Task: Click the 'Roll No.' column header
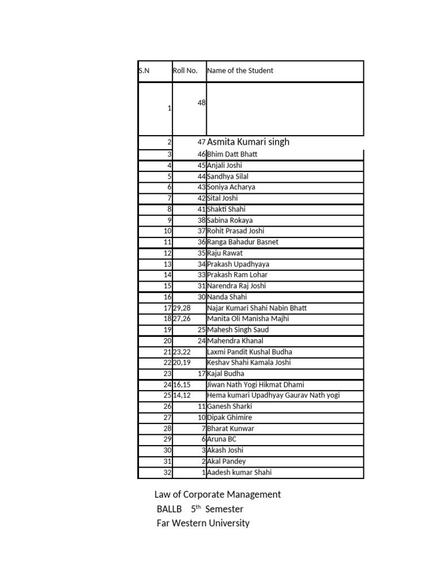tap(185, 71)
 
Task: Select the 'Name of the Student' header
tap(240, 71)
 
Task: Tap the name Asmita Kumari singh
tap(249, 142)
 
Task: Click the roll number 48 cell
tap(201, 102)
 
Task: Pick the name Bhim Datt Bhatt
tap(232, 154)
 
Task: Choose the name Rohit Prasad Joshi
tap(236, 231)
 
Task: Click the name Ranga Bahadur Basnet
tap(242, 242)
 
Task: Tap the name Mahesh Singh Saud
tap(238, 330)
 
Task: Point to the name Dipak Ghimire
tap(229, 417)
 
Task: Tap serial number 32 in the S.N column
tap(167, 473)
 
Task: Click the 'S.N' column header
tap(144, 71)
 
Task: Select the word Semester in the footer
tap(224, 509)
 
